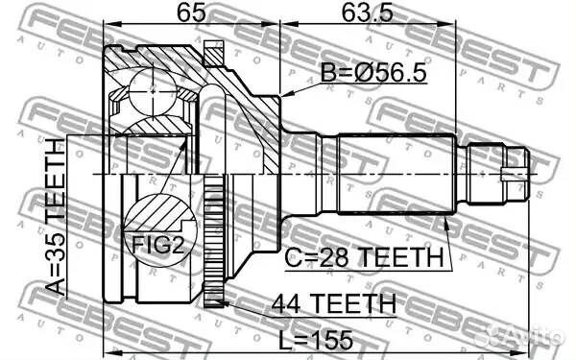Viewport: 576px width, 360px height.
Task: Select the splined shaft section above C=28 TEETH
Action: tap(394, 174)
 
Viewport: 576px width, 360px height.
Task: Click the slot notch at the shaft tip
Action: tap(519, 174)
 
